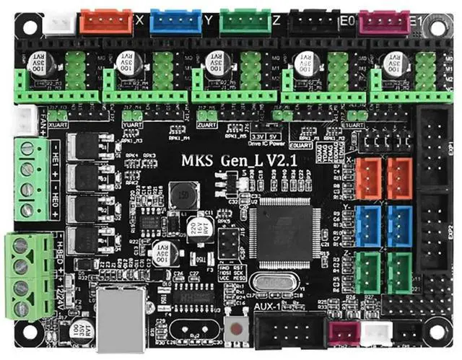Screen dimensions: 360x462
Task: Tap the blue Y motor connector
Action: [175, 22]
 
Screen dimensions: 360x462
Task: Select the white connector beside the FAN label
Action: [27, 120]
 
